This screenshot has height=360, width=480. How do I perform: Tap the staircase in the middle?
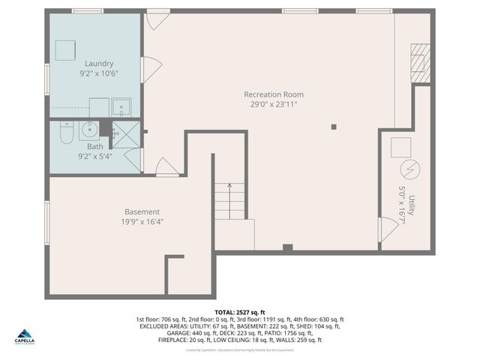coord(229,201)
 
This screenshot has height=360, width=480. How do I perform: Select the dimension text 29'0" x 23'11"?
coord(274,105)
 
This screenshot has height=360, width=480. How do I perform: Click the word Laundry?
coord(99,64)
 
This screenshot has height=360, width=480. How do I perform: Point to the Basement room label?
coord(142,211)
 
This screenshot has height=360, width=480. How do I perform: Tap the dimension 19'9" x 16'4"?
coord(142,222)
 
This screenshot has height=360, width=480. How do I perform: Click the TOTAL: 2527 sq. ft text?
coord(240,312)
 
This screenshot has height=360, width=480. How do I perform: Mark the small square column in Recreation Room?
coord(334,127)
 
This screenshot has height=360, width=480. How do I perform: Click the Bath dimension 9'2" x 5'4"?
coord(94,157)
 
